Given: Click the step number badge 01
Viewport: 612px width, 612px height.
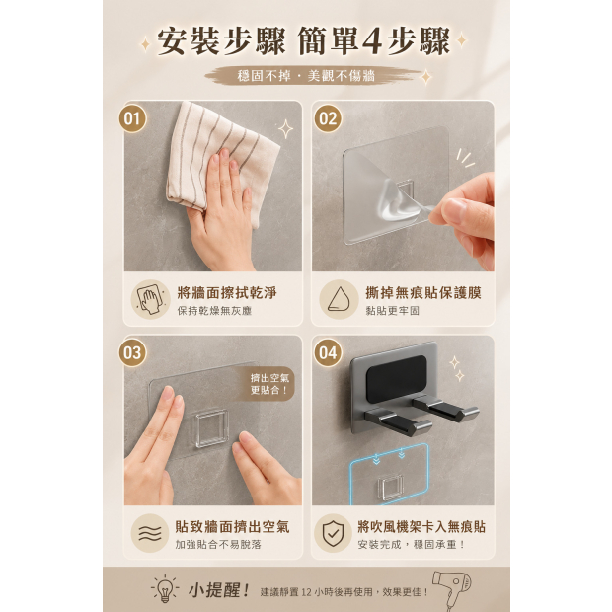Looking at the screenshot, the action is coord(132,118).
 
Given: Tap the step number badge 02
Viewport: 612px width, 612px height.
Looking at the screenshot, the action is coord(328,118).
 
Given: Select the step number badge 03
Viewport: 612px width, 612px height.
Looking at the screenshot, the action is coord(132,352).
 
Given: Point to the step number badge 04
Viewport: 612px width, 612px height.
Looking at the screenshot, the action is coord(328,352).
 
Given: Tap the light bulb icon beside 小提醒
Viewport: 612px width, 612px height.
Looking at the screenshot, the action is coord(165,588).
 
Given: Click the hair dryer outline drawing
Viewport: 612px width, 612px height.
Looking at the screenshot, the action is coord(453,590).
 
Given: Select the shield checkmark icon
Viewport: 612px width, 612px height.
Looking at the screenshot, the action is coord(333,534).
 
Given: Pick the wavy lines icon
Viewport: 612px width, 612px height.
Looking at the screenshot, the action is coord(150,534).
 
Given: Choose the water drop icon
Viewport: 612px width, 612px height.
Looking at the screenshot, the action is coord(339,299).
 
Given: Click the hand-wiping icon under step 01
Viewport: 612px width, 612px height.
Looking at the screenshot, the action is coord(150,299).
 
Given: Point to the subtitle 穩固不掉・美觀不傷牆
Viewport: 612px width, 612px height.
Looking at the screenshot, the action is coord(306,75).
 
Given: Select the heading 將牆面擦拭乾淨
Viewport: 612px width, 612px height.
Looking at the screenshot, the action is coord(227,293).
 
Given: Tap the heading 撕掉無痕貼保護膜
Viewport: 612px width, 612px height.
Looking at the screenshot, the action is coord(423,293).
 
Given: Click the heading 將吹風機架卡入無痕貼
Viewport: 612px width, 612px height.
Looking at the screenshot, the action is coord(421,527).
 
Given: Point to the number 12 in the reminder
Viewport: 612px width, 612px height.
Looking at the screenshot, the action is coord(306,592).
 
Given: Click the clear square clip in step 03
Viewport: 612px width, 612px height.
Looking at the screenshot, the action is coord(211,427).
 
